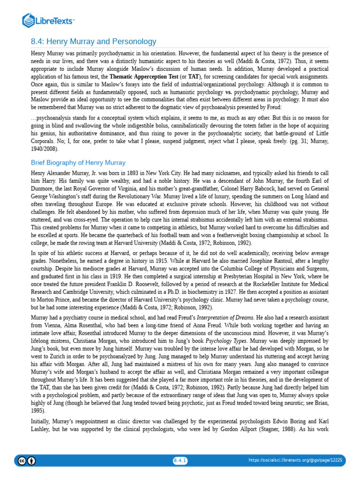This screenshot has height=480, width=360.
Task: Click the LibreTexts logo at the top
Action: coord(49,20)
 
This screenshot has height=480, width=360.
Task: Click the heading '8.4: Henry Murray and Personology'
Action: coord(93,42)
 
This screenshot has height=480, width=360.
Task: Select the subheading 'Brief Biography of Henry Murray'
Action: coord(78,163)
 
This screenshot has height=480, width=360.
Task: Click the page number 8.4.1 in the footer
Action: coord(180,460)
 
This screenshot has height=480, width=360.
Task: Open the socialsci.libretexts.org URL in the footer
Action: coord(295,460)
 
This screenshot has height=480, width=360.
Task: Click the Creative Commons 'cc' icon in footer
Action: coord(22,461)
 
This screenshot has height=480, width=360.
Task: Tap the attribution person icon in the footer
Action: coord(31,461)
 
